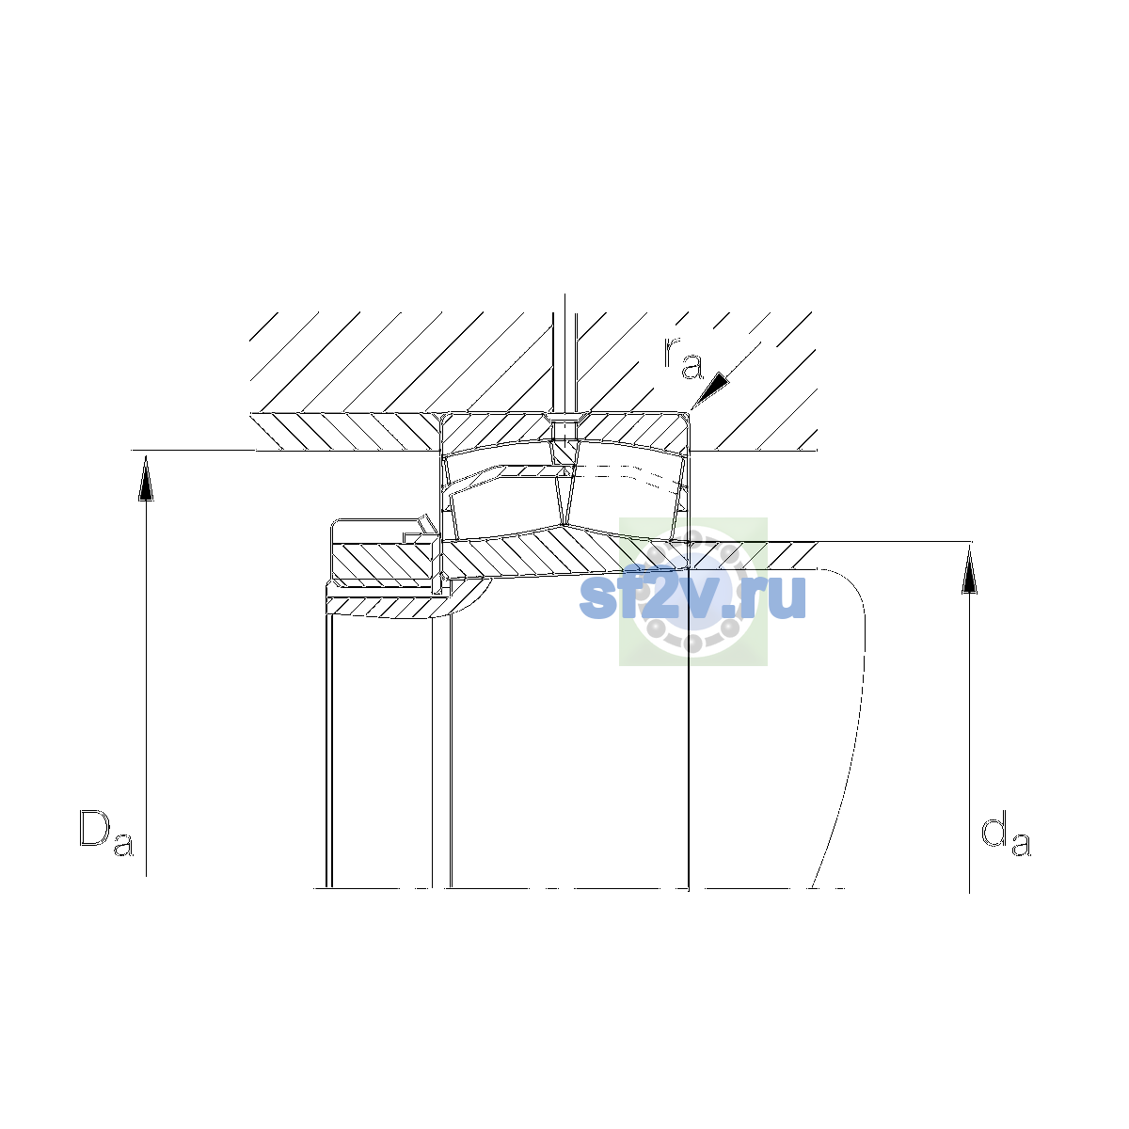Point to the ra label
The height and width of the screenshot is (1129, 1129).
coord(683,358)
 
